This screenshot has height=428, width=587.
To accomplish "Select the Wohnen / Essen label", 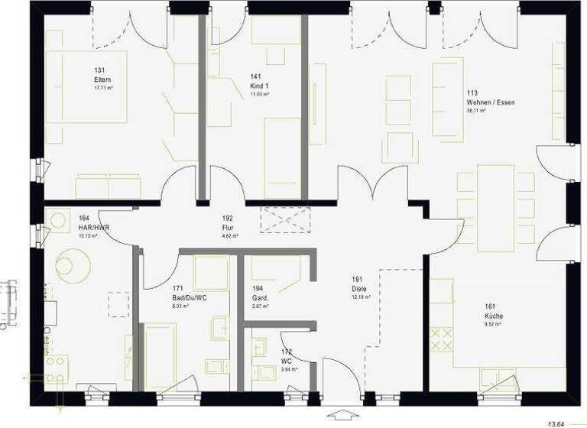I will [485, 102].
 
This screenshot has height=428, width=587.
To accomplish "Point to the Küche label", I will [492, 316].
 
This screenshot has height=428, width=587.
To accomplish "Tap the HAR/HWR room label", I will [89, 227].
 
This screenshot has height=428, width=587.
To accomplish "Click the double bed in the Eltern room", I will [85, 87].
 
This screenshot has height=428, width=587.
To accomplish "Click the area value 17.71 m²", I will [103, 88].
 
